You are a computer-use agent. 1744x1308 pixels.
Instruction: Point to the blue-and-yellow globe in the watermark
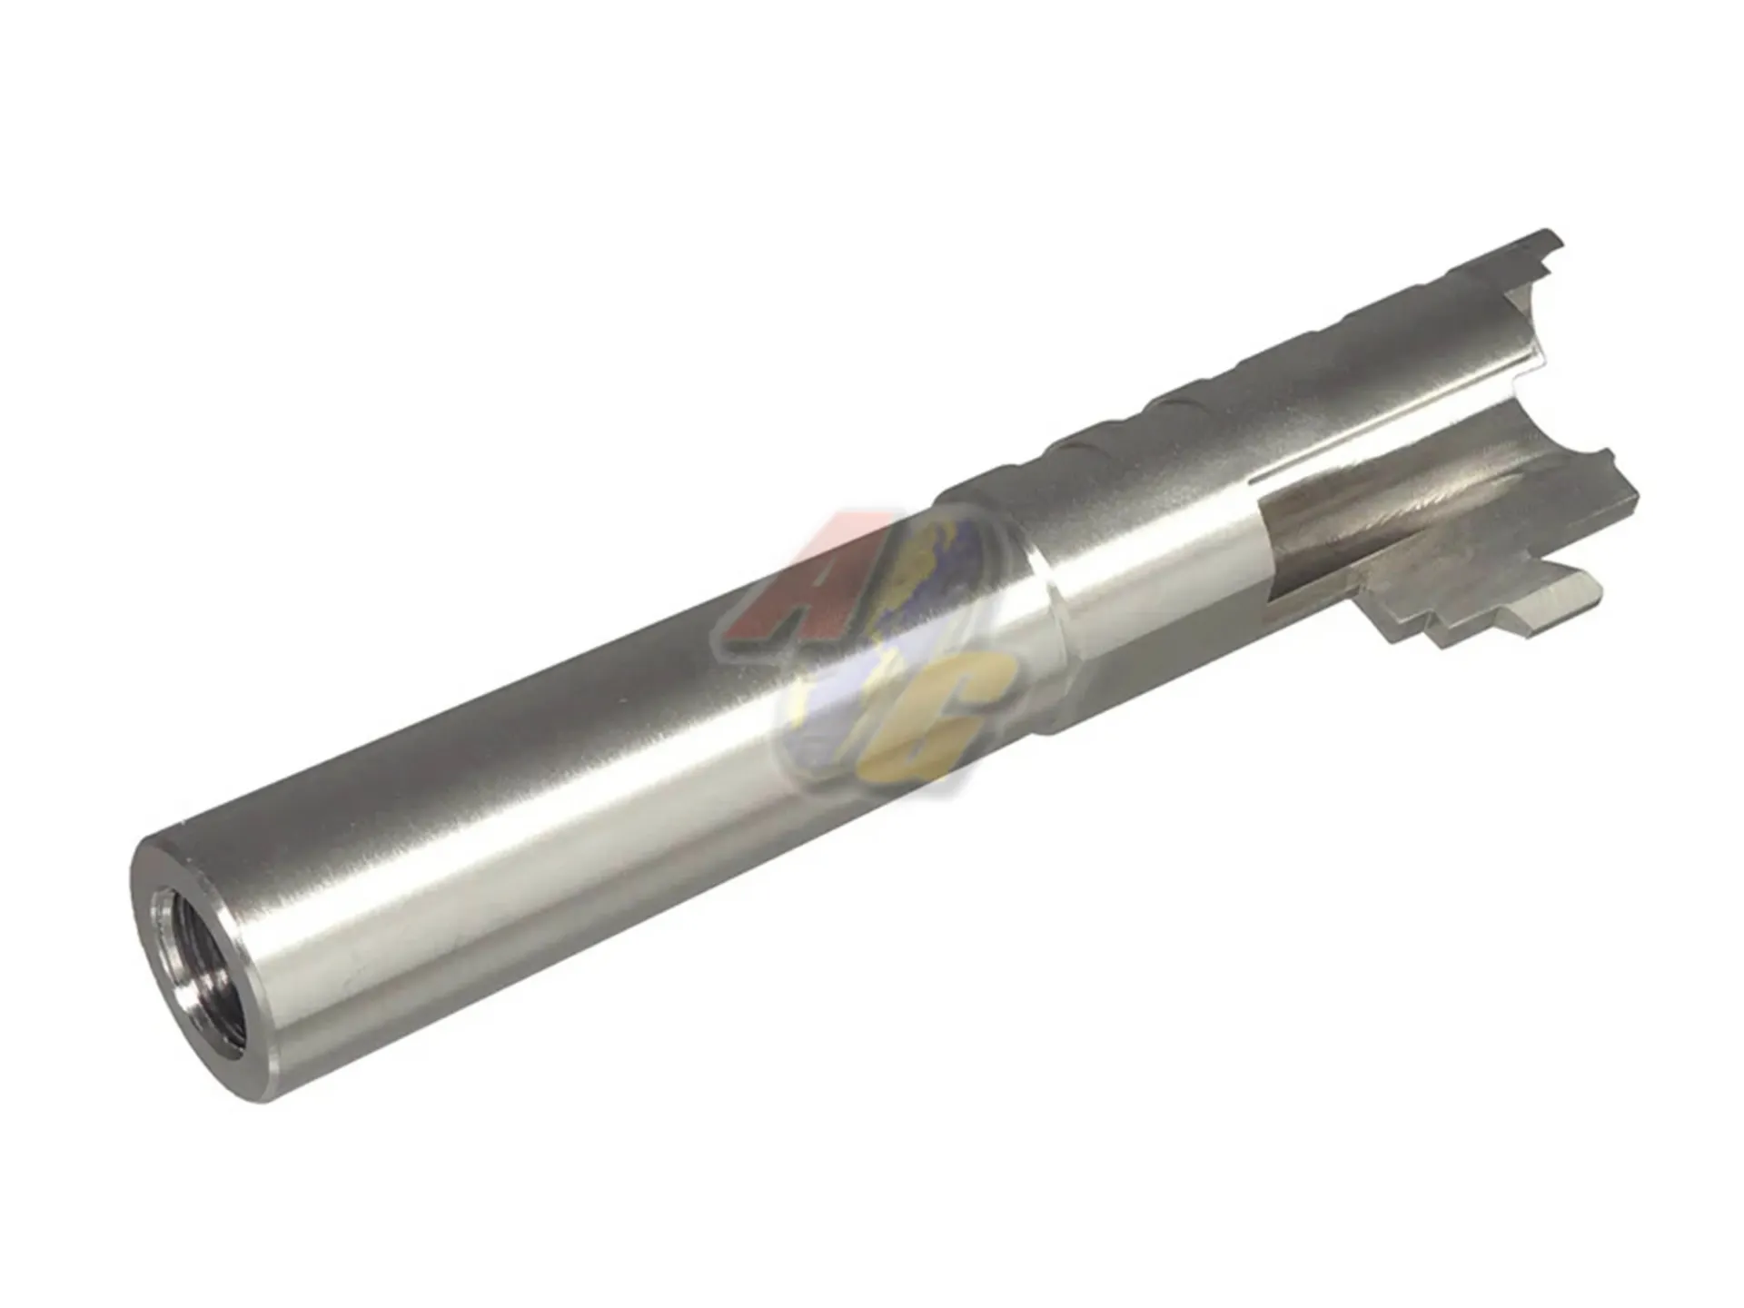pyautogui.click(x=872, y=654)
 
